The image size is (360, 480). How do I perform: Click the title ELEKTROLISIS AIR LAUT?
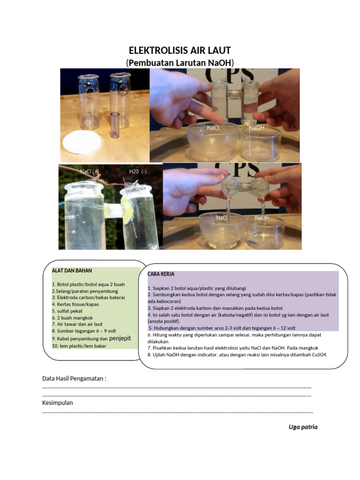pyautogui.click(x=180, y=51)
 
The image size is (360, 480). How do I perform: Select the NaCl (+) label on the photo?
pyautogui.click(x=89, y=172)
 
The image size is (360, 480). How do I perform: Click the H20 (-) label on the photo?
pyautogui.click(x=138, y=172)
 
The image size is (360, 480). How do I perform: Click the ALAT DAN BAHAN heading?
pyautogui.click(x=72, y=270)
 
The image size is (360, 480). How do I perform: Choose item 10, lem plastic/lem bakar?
pyautogui.click(x=79, y=346)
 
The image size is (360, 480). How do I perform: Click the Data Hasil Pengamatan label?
pyautogui.click(x=74, y=378)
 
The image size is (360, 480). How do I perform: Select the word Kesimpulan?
pyautogui.click(x=58, y=403)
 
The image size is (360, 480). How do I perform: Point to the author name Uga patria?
pyautogui.click(x=303, y=427)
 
